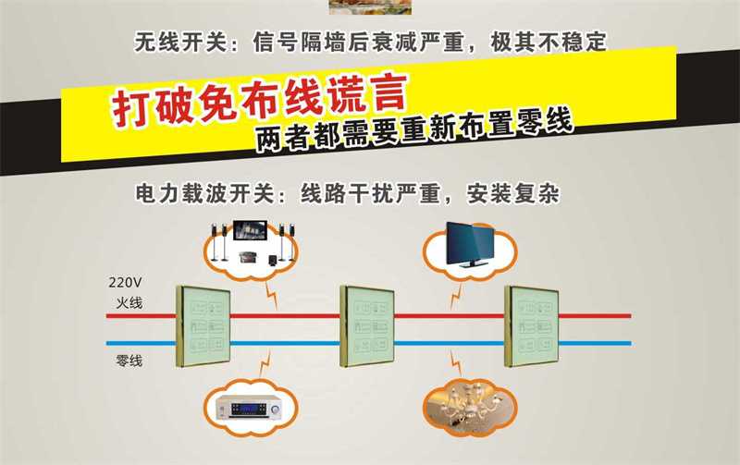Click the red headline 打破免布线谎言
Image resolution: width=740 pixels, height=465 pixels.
(259, 100)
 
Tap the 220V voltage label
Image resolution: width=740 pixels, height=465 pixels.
(125, 282)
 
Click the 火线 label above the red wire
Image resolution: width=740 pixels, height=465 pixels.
(129, 302)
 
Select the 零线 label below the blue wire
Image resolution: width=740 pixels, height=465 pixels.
(129, 361)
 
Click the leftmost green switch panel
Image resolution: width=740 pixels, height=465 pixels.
(203, 326)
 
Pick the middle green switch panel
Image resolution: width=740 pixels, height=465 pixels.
(367, 326)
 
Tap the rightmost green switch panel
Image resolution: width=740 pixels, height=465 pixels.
(531, 326)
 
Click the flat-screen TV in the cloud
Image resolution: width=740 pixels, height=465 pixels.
(470, 245)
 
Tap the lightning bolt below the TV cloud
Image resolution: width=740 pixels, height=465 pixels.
(455, 296)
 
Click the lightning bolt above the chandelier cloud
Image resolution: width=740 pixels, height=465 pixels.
(455, 362)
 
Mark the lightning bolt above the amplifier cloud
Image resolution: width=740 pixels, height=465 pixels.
(265, 363)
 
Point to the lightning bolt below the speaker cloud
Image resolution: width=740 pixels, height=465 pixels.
(271, 296)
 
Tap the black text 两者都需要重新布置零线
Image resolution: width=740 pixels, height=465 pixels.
(414, 130)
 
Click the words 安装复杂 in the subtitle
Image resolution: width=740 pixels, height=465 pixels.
(513, 193)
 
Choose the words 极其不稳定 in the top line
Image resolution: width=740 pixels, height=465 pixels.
(549, 42)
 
